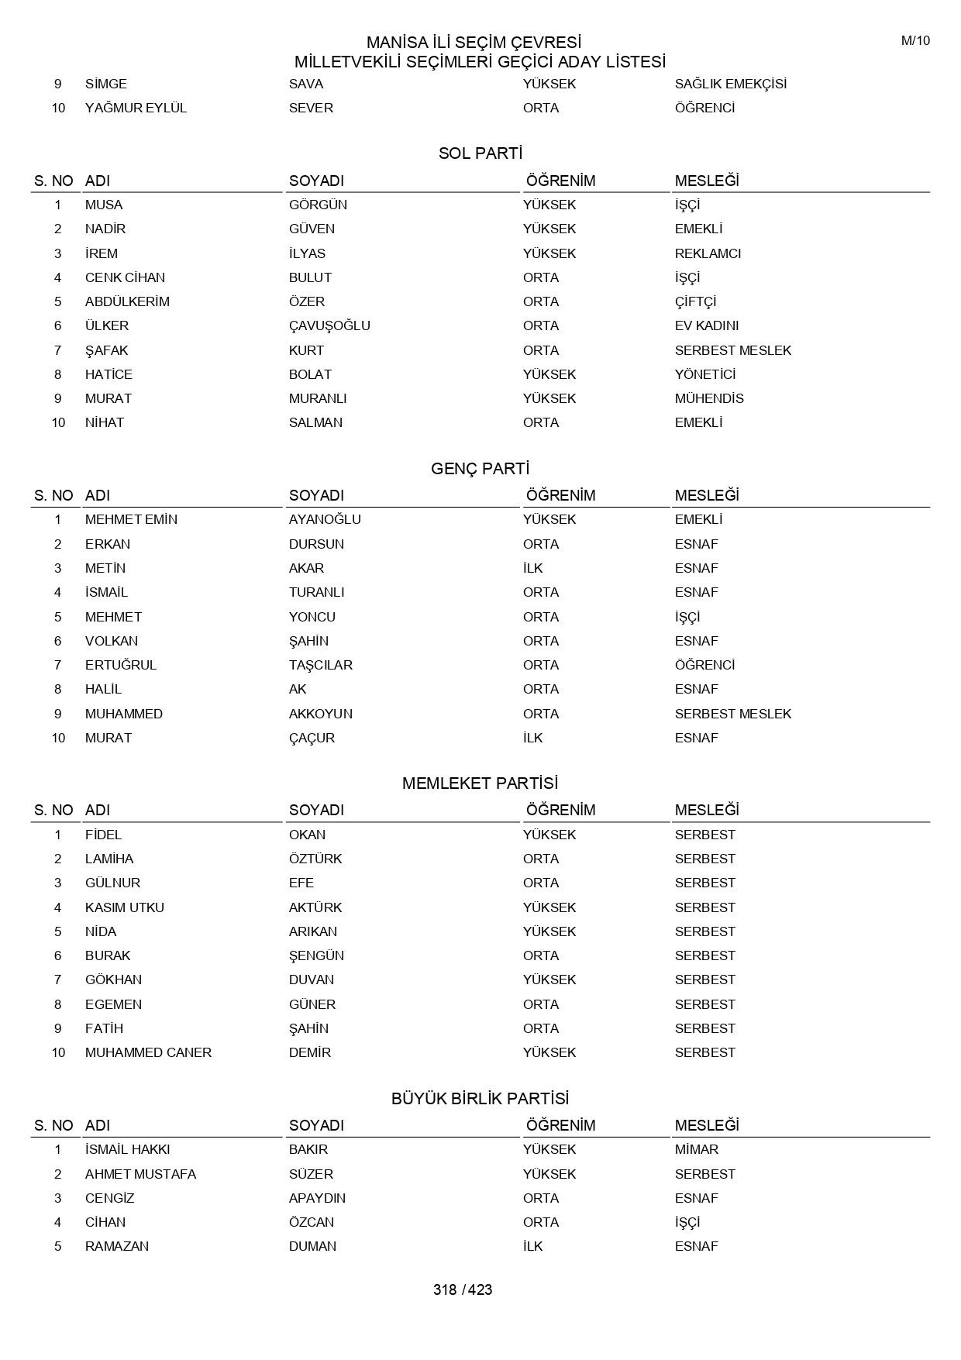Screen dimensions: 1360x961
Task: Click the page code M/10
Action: pyautogui.click(x=915, y=41)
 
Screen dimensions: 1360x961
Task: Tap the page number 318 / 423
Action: pyautogui.click(x=463, y=1289)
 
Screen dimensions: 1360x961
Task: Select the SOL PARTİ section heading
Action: pyautogui.click(x=480, y=153)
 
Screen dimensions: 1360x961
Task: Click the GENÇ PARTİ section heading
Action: pyautogui.click(x=480, y=469)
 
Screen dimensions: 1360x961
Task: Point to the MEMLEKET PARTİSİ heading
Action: pyautogui.click(x=480, y=783)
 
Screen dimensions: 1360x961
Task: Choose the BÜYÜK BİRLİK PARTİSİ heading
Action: pyautogui.click(x=480, y=1099)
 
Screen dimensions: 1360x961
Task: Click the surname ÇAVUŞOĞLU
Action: pyautogui.click(x=329, y=325)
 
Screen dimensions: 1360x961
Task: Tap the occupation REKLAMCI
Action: pyautogui.click(x=708, y=253)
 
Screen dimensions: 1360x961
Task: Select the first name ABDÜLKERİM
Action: pyautogui.click(x=127, y=301)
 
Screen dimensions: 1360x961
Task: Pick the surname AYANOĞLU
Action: pyautogui.click(x=325, y=519)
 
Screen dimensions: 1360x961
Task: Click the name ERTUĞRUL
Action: pyautogui.click(x=121, y=665)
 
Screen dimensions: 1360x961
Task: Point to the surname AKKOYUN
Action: pyautogui.click(x=321, y=714)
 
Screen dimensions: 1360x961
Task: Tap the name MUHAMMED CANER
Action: pyautogui.click(x=148, y=1052)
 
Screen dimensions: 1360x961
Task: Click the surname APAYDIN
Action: pyautogui.click(x=317, y=1198)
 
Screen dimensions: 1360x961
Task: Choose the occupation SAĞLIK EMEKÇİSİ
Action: pyautogui.click(x=731, y=84)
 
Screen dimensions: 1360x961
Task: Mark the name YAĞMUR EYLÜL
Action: pyautogui.click(x=136, y=108)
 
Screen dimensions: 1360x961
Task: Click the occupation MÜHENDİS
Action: pyautogui.click(x=709, y=398)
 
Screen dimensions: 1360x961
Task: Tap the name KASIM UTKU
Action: pyautogui.click(x=125, y=907)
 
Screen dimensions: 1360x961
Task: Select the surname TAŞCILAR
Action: pyautogui.click(x=321, y=665)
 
